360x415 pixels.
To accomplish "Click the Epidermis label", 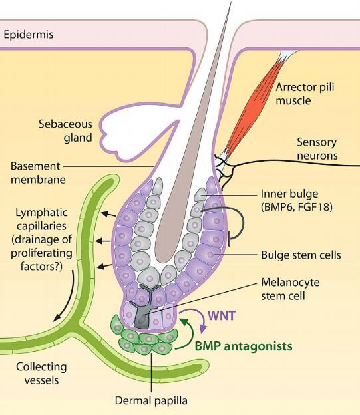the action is [x=29, y=35].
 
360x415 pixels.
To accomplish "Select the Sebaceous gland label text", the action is [x=65, y=131].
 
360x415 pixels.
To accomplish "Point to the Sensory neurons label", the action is [x=317, y=149].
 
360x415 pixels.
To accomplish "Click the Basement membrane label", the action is [x=38, y=173].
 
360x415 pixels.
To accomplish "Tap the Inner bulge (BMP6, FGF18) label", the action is [x=296, y=200].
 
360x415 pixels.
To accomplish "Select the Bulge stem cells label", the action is [x=301, y=255].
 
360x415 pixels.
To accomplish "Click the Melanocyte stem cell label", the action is [x=290, y=289].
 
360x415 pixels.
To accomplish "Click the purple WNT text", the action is [x=222, y=315].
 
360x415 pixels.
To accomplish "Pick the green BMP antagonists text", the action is [x=244, y=346].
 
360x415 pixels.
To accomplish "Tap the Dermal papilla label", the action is [x=151, y=400].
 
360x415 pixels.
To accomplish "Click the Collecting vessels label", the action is [x=41, y=374].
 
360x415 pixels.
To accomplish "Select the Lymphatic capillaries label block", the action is [x=41, y=239].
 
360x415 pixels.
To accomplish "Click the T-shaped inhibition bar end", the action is [x=229, y=239].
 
